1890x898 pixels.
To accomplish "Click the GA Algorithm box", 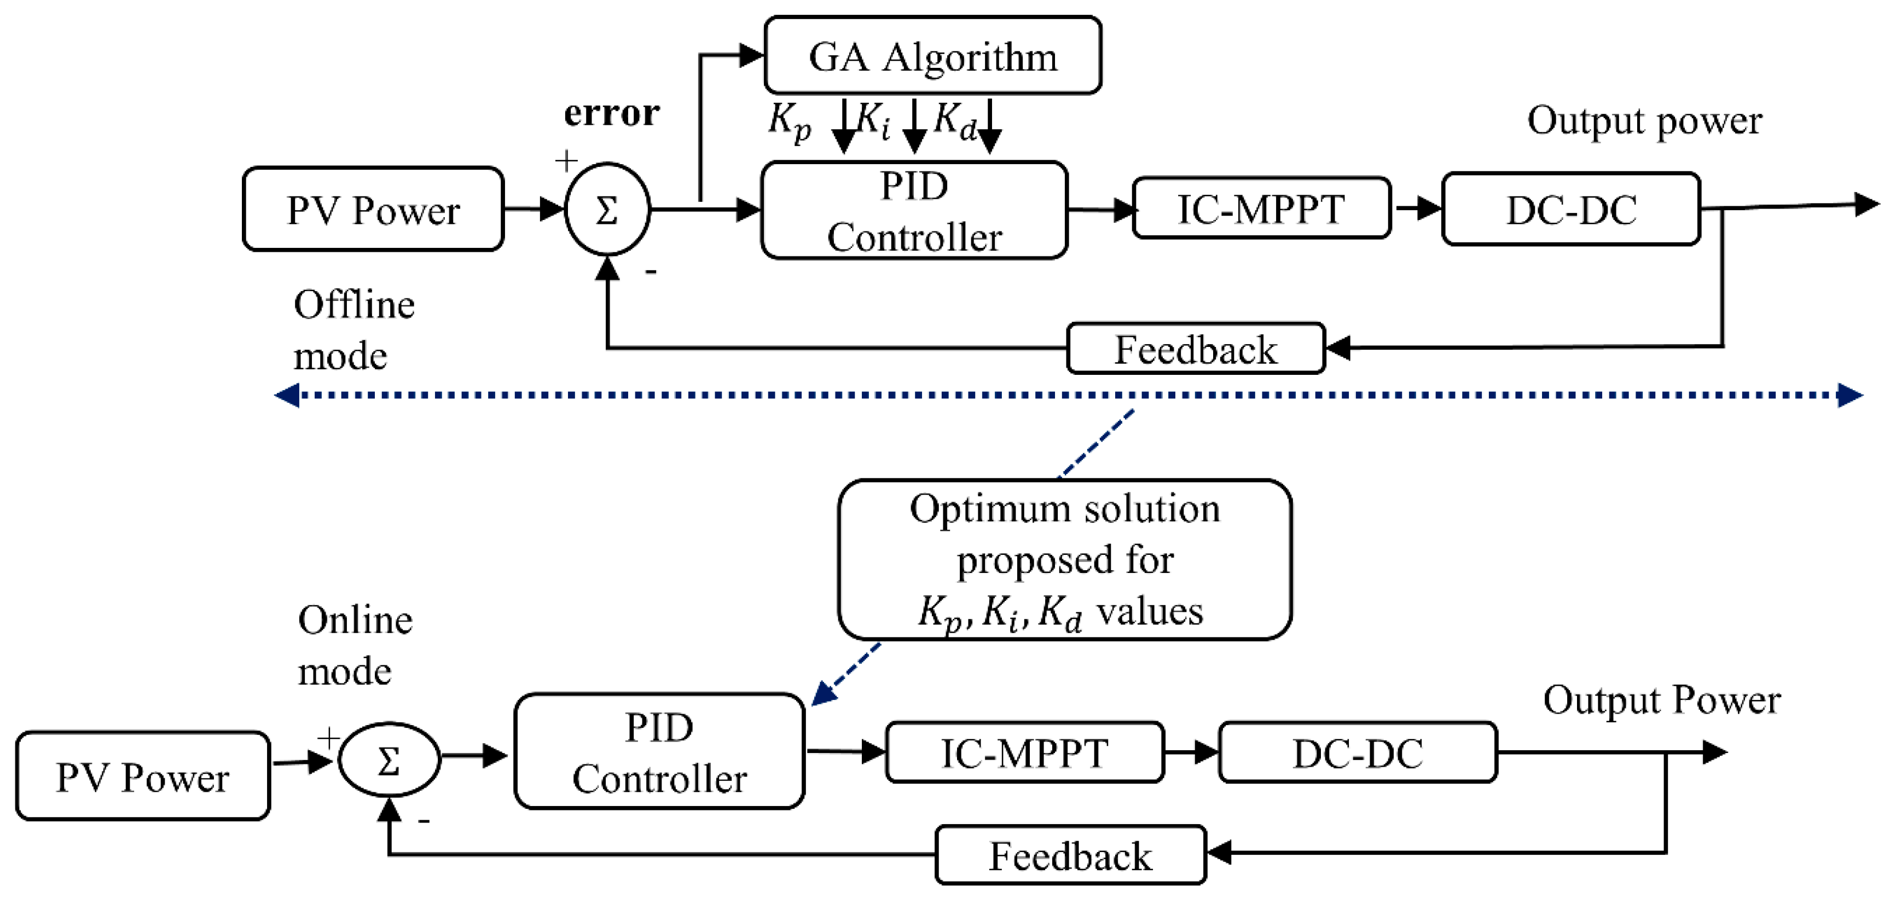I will [x=932, y=56].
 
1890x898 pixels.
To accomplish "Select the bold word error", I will [x=611, y=112].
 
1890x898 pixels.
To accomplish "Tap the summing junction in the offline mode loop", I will [x=607, y=210].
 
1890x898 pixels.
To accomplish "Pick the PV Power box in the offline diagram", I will [x=373, y=210].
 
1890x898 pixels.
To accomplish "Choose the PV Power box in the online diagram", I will [x=142, y=776].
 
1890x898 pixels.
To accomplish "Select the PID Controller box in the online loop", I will [x=659, y=752].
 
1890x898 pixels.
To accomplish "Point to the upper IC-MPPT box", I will [x=1261, y=208].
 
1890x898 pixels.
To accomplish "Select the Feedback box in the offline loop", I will [x=1195, y=349].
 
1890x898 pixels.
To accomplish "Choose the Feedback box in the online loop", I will [x=1070, y=855].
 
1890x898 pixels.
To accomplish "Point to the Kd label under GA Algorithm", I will [x=954, y=121].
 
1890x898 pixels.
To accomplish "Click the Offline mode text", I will [x=353, y=330].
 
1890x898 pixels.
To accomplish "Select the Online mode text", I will [x=355, y=646].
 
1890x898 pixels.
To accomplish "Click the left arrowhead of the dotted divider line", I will [x=286, y=396].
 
